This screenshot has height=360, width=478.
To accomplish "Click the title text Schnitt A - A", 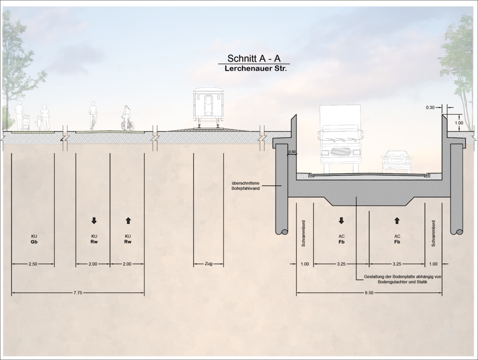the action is tap(254, 58).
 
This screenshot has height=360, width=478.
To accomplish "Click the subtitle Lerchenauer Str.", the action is tap(256, 69).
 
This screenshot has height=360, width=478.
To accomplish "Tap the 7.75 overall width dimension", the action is tap(78, 293).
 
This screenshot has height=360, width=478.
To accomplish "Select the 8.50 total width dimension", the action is tap(369, 293).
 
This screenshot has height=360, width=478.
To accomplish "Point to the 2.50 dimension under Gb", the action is tap(33, 264).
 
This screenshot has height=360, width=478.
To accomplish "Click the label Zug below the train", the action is tap(209, 264).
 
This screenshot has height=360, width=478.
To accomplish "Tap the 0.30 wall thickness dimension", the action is tap(430, 107).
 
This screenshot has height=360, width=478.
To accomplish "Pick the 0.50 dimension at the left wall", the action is tap(292, 152).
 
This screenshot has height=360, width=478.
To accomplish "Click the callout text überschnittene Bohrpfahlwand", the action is tap(246, 186).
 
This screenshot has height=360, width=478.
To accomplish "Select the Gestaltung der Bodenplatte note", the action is tap(402, 279).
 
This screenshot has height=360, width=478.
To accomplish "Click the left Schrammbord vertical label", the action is tap(303, 233).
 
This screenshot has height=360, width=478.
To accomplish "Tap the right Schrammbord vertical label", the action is tap(433, 233).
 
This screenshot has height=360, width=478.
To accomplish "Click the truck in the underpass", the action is tap(340, 139).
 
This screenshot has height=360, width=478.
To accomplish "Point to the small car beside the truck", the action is tap(397, 161).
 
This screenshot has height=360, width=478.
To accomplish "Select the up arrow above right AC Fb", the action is tap(397, 221).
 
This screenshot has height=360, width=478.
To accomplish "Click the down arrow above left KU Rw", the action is tap(94, 221).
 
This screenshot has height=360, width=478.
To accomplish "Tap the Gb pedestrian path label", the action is tap(34, 242).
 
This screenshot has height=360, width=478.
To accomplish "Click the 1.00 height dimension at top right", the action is tap(459, 123).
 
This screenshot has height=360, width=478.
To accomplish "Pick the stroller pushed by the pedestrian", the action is tap(26, 123).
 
